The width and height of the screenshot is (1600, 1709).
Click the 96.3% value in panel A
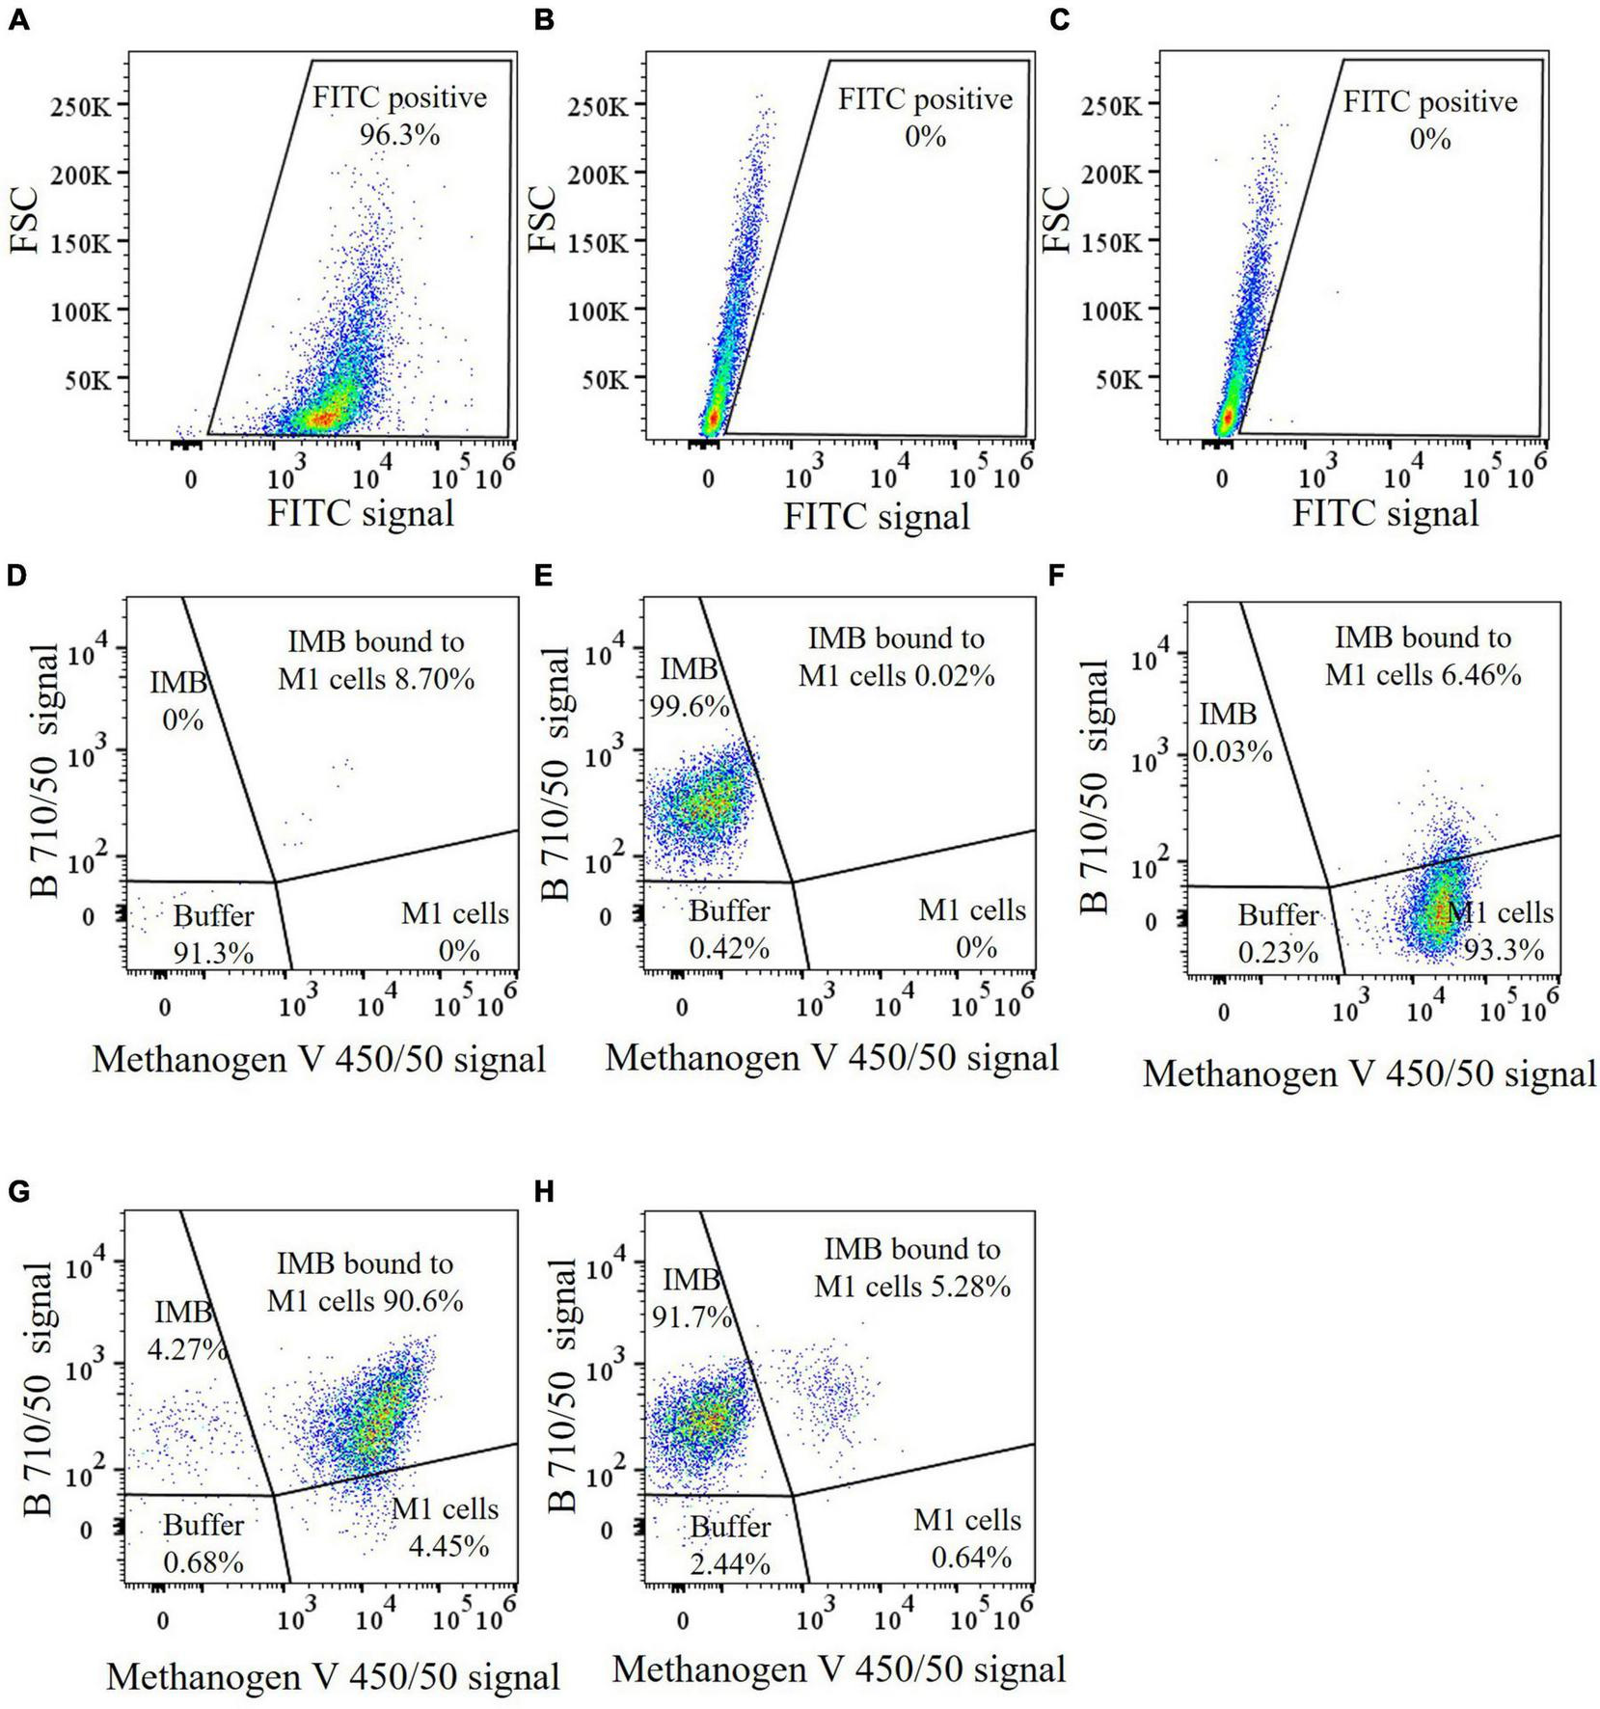pos(399,135)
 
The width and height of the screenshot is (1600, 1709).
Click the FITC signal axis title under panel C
pos(1385,512)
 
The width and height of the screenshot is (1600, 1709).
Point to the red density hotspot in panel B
pos(712,419)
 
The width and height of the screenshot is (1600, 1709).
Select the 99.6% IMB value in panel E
pos(690,707)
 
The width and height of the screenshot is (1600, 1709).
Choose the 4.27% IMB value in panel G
pos(187,1348)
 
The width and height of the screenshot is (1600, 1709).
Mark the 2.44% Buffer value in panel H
pos(730,1564)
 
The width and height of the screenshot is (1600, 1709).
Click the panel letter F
pos(1058,576)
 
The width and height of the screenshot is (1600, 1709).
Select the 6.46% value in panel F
pos(1478,675)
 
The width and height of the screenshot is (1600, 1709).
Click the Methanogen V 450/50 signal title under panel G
pos(333,1676)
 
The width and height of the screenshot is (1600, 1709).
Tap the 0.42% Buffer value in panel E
pos(729,948)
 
